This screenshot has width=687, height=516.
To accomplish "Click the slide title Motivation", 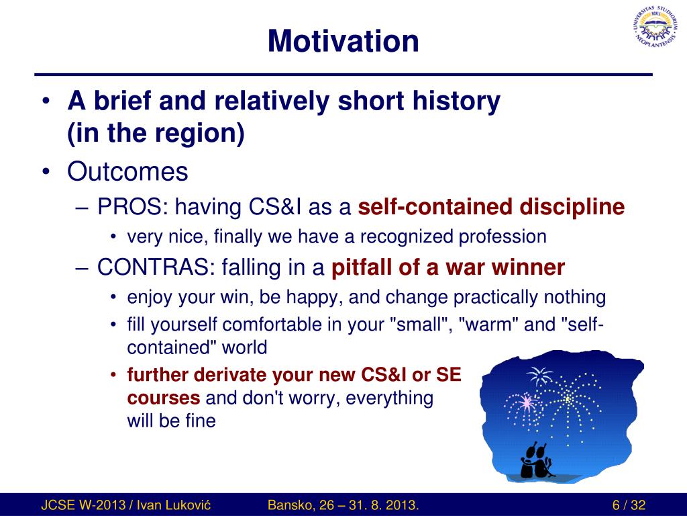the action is (x=343, y=41).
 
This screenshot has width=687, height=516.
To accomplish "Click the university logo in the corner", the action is (x=655, y=27).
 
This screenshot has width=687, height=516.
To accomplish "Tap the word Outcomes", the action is (x=127, y=171).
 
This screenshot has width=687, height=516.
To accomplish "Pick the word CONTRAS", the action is (x=156, y=267).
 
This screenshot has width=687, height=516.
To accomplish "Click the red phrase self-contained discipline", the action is (x=491, y=207).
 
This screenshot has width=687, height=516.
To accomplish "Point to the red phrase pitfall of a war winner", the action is (x=447, y=267).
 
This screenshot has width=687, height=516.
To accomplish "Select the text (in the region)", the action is (x=156, y=133).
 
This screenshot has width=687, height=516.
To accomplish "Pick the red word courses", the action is (x=164, y=398).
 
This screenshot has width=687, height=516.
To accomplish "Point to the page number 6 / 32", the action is (x=629, y=505).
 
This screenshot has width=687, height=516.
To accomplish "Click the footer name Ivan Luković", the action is (x=174, y=505).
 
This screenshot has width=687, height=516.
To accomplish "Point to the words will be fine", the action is (x=171, y=421).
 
